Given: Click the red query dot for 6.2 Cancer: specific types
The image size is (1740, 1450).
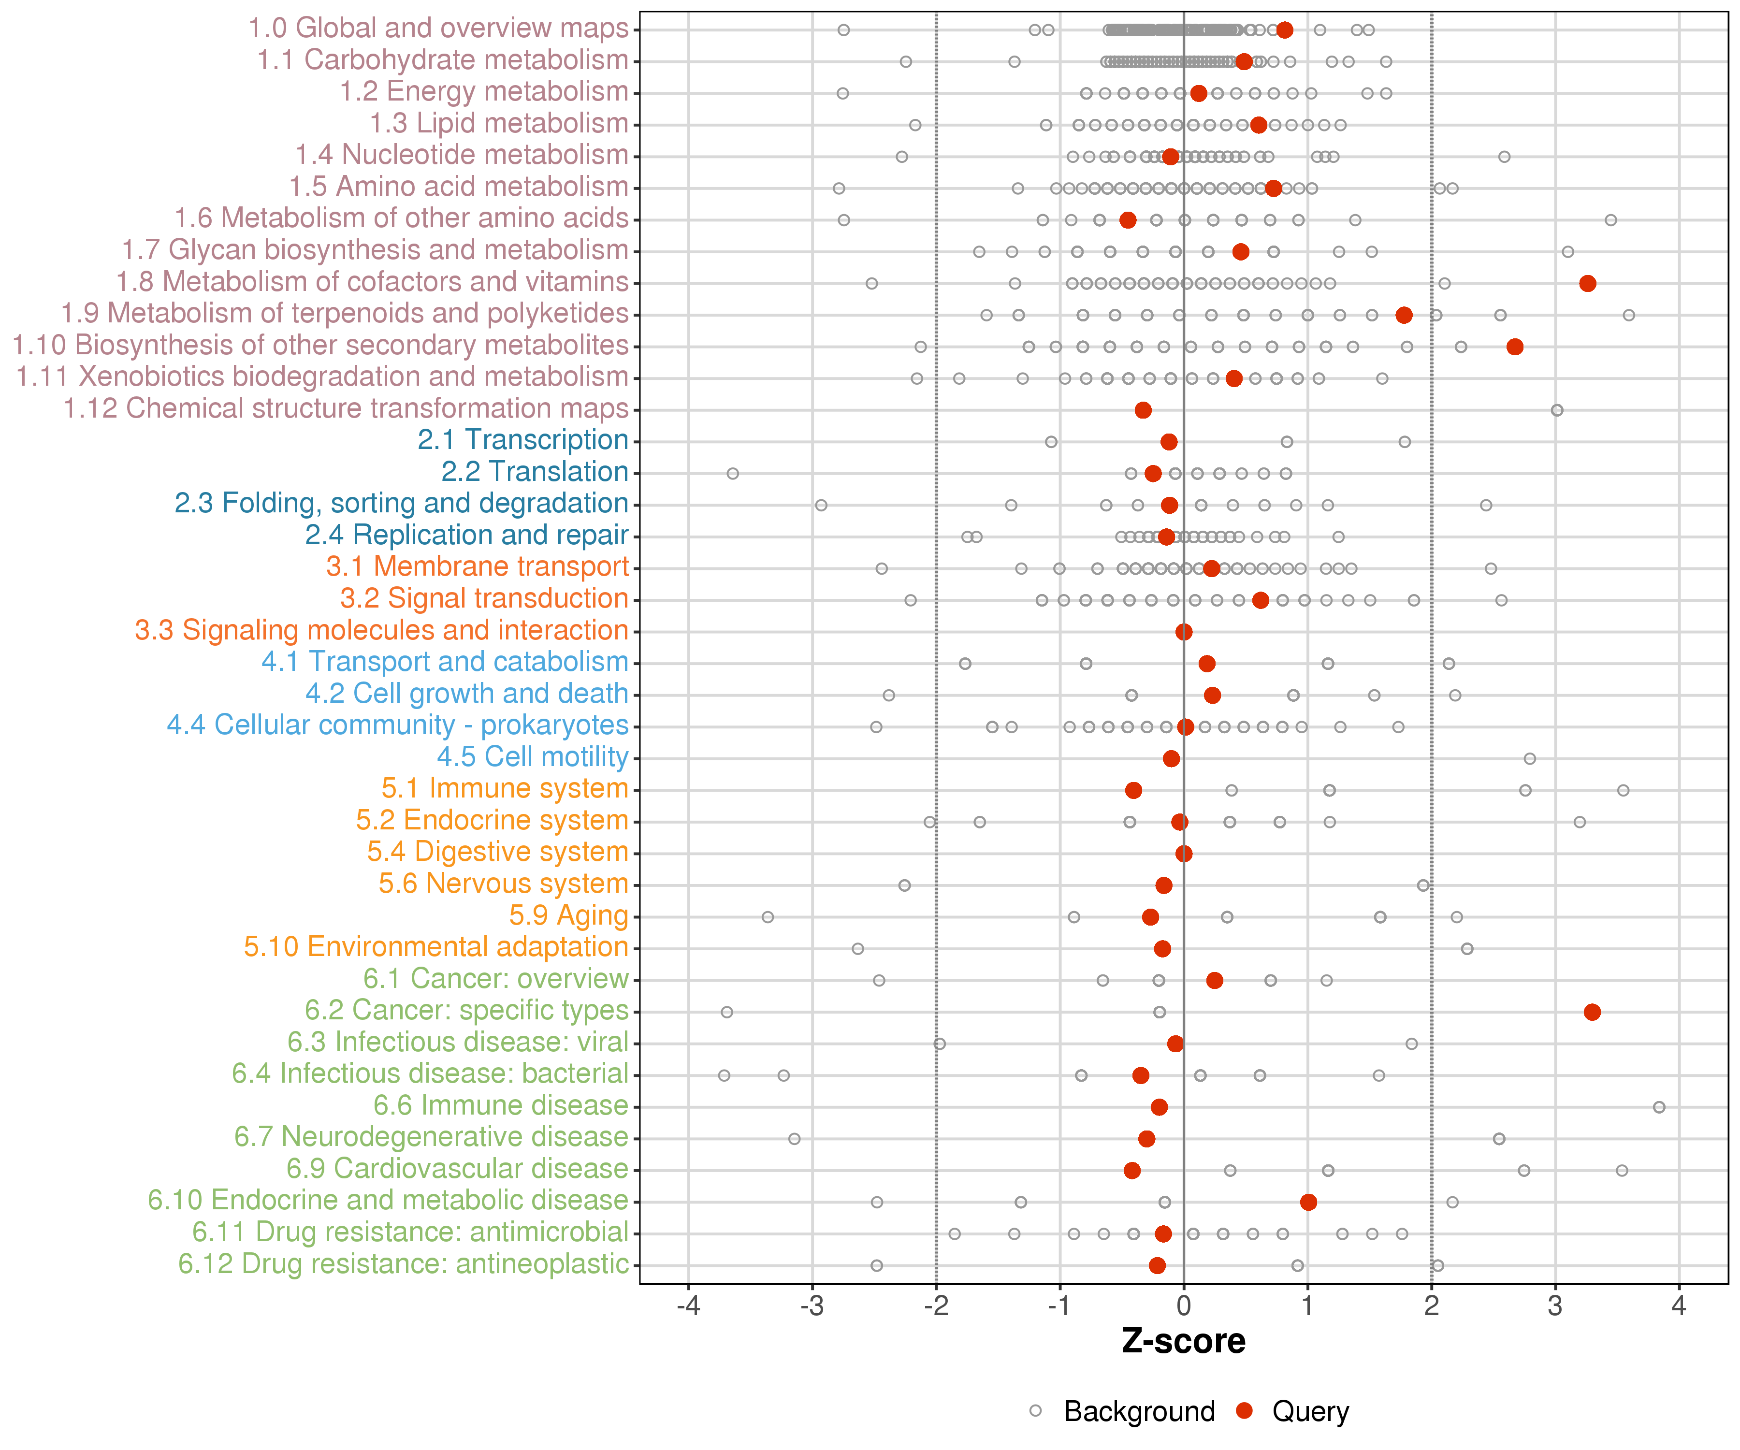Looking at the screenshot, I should (1592, 1012).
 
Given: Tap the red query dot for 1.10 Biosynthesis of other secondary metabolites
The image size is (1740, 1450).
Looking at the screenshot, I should (1515, 347).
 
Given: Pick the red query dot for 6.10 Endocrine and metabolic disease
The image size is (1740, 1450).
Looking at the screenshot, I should (1308, 1202).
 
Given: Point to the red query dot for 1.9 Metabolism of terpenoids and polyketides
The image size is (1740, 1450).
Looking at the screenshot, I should (1404, 315).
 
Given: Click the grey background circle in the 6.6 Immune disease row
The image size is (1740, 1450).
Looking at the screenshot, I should (1659, 1107).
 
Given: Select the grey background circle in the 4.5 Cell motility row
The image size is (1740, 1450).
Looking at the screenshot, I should (1530, 758).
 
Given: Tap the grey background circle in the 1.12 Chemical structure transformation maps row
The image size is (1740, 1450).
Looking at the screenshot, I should (1557, 410).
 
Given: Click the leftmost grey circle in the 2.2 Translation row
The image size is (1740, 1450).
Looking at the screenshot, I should (732, 473).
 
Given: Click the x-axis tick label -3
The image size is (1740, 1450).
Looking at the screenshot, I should (812, 1306).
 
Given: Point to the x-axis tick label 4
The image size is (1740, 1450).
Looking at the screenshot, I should (1679, 1306).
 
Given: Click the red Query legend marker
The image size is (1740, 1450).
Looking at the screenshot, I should (1244, 1411).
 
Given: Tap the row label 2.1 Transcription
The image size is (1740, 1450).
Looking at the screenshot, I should (523, 440).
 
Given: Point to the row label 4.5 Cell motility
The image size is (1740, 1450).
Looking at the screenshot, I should (533, 756).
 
